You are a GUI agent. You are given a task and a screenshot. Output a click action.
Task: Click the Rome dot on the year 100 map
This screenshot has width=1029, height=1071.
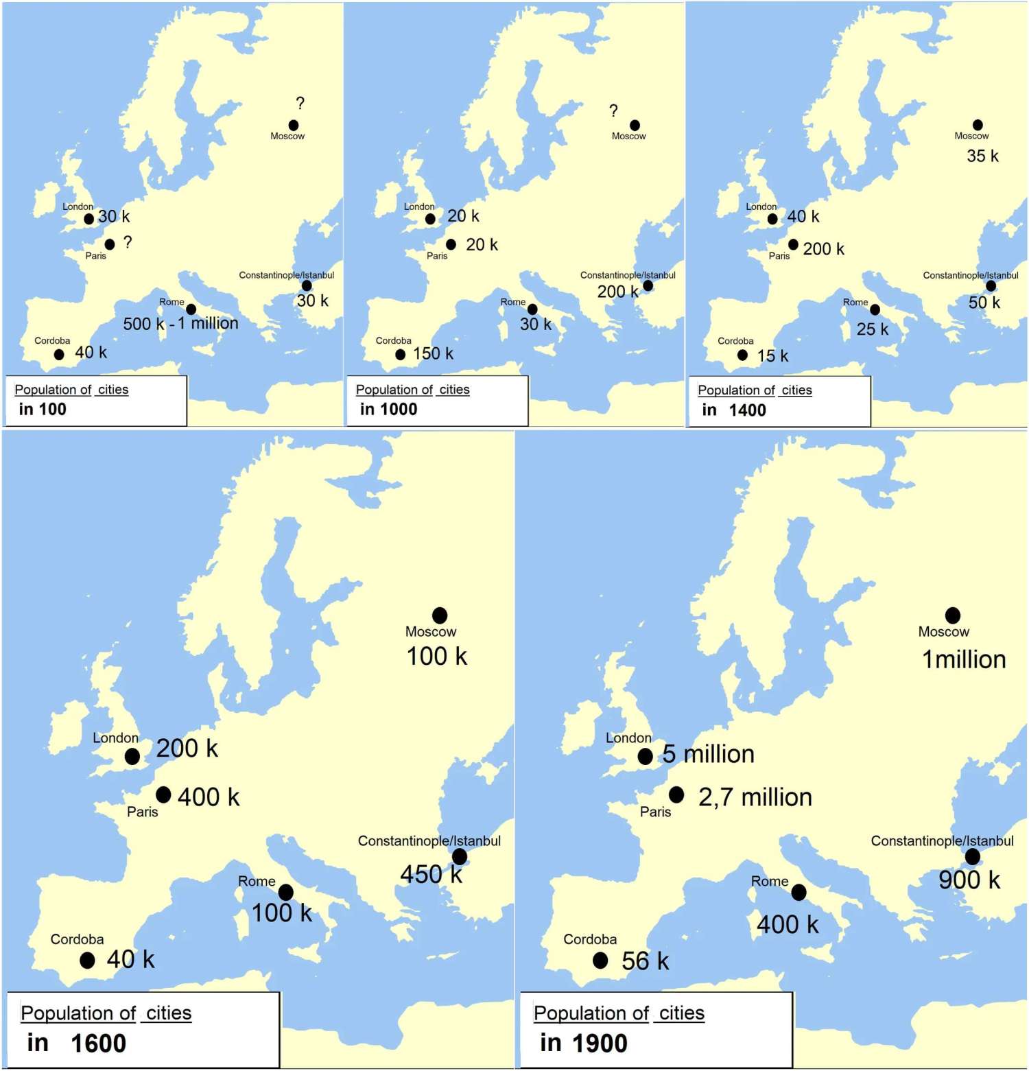click(191, 309)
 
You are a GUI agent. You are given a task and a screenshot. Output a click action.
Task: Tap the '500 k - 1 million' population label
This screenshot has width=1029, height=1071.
click(180, 323)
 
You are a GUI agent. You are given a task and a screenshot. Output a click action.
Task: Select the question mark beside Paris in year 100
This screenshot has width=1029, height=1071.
click(128, 242)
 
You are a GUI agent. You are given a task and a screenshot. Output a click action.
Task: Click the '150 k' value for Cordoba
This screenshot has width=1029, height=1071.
click(433, 353)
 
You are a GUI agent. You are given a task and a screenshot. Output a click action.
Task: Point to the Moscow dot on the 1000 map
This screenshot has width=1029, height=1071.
click(635, 125)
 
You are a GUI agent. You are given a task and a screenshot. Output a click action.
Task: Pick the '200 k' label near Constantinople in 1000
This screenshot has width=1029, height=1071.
click(617, 292)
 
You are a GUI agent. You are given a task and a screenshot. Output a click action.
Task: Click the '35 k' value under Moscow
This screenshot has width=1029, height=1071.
click(982, 156)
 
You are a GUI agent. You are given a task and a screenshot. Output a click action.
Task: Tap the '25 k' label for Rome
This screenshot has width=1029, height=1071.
click(872, 329)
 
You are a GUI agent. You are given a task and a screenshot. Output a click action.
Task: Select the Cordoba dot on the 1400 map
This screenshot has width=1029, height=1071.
click(742, 355)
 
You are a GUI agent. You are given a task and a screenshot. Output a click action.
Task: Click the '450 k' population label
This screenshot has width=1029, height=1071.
click(431, 874)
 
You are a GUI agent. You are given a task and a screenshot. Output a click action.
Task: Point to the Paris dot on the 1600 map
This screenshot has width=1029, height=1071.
click(163, 795)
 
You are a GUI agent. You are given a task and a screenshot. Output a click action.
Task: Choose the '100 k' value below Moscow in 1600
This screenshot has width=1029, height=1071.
click(437, 656)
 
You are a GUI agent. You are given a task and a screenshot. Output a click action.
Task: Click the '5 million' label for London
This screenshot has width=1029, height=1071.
click(708, 754)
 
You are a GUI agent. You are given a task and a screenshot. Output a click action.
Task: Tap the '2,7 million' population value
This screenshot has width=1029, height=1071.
click(755, 797)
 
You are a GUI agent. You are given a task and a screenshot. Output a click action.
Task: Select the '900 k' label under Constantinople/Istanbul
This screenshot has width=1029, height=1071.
click(969, 880)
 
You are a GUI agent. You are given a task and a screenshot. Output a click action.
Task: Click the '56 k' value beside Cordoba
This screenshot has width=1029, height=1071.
click(645, 961)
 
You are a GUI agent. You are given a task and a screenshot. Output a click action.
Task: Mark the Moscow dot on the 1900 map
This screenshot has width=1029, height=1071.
click(953, 615)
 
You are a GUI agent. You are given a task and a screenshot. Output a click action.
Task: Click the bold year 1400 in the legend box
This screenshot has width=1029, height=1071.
click(747, 410)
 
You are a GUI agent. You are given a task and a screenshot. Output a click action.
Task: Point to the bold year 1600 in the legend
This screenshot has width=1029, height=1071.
click(99, 1044)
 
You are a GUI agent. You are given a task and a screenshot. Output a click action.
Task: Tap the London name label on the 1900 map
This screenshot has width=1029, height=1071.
click(628, 738)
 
